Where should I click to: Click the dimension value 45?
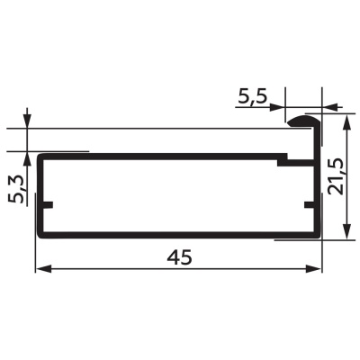(x=179, y=257)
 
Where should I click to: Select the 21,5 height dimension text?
(x=336, y=177)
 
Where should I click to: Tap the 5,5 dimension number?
(x=253, y=96)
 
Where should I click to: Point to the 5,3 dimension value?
(x=15, y=190)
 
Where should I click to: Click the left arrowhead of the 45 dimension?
(x=43, y=269)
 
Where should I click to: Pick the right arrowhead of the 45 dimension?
(x=313, y=269)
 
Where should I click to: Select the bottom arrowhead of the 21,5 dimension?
(x=346, y=231)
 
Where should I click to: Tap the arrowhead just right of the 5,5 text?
(x=276, y=107)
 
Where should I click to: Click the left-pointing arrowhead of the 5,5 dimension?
(x=329, y=107)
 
